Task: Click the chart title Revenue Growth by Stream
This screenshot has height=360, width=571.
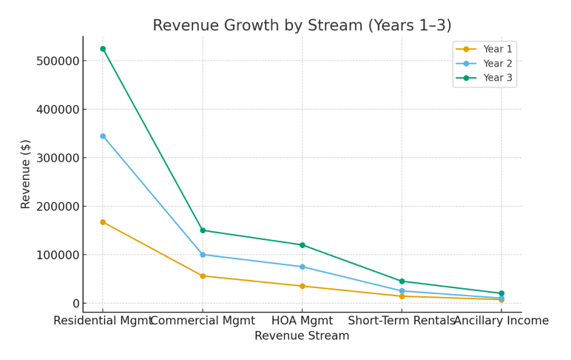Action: click(x=302, y=26)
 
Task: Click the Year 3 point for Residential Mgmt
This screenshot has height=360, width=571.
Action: click(x=103, y=49)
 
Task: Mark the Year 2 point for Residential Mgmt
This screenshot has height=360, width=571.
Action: click(x=103, y=136)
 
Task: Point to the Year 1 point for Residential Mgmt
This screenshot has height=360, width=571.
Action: click(x=103, y=222)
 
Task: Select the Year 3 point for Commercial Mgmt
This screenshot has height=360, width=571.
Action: click(x=203, y=230)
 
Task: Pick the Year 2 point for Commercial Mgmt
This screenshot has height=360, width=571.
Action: click(x=203, y=255)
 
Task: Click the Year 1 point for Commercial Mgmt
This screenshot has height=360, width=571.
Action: click(x=203, y=276)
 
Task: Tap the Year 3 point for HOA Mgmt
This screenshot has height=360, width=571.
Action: click(x=303, y=245)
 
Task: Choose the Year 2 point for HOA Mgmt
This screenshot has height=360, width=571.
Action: click(x=303, y=267)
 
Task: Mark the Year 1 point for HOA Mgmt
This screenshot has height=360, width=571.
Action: click(x=303, y=286)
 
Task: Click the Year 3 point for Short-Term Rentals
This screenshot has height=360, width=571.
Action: click(x=402, y=281)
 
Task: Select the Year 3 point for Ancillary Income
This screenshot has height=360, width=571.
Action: click(x=501, y=293)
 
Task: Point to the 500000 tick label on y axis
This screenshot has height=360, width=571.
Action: click(x=57, y=61)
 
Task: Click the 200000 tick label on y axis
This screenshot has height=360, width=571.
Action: click(x=57, y=207)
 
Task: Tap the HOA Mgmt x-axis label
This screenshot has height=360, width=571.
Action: click(x=303, y=321)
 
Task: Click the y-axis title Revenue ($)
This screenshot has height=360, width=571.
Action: click(x=26, y=174)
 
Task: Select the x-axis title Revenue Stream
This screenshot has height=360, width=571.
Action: click(x=302, y=336)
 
